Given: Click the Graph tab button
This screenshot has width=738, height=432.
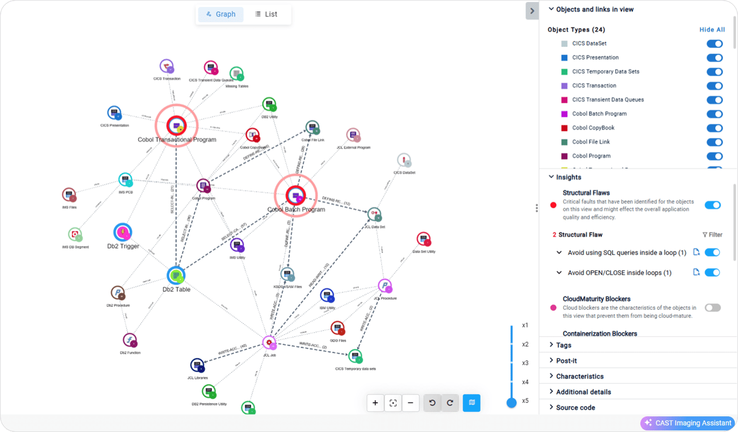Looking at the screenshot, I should point(221,14).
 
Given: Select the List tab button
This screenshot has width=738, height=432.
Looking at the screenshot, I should point(266,14).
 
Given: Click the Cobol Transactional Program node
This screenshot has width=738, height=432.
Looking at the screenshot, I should point(176,125).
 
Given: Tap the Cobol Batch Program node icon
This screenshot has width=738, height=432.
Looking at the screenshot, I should point(296,195).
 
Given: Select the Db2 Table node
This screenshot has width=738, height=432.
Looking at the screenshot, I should point(176,275).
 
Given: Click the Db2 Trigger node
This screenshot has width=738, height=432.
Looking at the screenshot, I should point(123,233).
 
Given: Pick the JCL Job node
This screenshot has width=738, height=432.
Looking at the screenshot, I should point(269,343).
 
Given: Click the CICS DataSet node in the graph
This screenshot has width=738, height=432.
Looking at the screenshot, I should point(404,160).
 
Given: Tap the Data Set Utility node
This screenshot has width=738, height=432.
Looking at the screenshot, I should point(424,239).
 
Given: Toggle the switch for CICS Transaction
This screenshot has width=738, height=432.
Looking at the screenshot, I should point(714,86).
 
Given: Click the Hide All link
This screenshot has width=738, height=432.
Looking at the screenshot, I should point(712,30).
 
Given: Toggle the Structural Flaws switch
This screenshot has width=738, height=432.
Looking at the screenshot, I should point(712,205).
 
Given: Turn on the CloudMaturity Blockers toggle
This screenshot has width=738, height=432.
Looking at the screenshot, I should point(712,307).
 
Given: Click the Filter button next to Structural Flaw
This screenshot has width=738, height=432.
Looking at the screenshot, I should point(712,235).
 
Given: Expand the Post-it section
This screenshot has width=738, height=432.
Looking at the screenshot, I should point(566,361).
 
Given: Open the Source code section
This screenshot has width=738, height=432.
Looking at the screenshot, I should point(575,407).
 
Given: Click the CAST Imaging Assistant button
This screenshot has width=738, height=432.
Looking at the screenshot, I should point(688,423).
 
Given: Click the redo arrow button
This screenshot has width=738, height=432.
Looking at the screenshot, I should point(450,403).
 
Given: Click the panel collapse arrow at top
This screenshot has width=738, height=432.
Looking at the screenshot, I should point(532,11).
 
